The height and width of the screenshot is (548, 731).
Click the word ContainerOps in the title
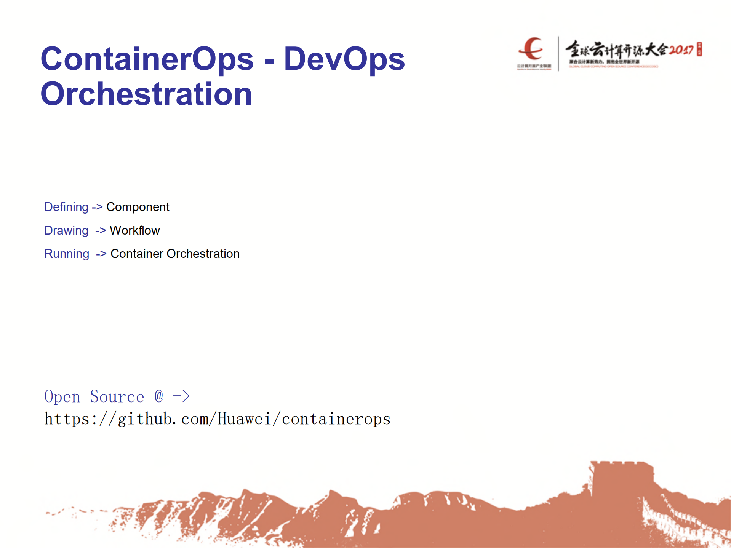(x=147, y=59)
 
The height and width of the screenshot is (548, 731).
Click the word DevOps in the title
(x=344, y=59)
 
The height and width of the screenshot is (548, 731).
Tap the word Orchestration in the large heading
(x=146, y=94)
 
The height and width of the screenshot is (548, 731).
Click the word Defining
(x=66, y=207)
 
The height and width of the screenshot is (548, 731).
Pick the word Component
(x=138, y=207)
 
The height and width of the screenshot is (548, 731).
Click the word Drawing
(x=66, y=230)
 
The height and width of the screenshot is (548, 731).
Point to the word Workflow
(x=134, y=230)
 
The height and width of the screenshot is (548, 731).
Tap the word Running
(x=67, y=254)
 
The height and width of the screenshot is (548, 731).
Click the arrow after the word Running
(x=101, y=254)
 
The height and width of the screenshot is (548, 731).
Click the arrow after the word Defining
(x=97, y=207)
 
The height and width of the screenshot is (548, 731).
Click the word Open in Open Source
(x=62, y=397)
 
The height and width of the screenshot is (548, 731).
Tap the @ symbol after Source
(x=159, y=396)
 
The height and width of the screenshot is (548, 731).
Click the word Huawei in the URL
(x=244, y=419)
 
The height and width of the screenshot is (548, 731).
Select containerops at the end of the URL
(x=336, y=419)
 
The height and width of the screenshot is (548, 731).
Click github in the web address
(x=145, y=419)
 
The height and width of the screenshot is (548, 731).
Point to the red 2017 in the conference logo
(x=681, y=50)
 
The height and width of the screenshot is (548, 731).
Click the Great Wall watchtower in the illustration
(x=621, y=480)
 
